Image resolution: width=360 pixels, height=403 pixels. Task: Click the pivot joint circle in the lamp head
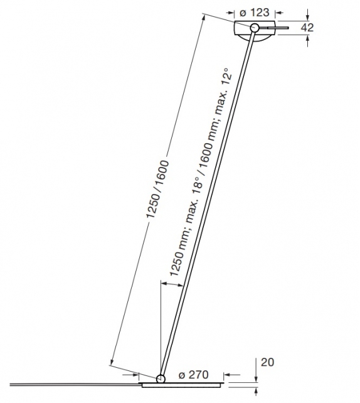[255, 28]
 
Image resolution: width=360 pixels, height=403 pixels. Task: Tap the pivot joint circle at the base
[161, 379]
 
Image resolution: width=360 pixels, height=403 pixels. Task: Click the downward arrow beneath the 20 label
[257, 375]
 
